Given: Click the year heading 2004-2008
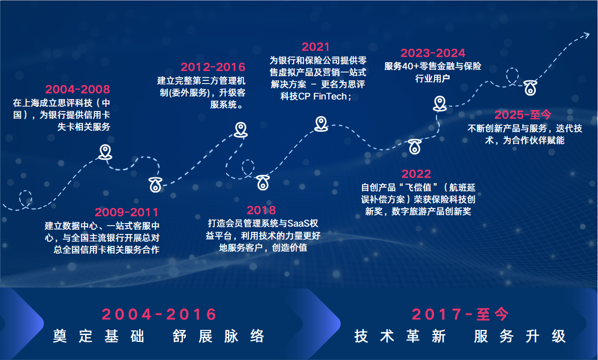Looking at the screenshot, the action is (77, 89).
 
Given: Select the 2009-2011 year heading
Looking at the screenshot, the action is (126, 212).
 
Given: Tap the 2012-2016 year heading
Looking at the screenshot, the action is (213, 67).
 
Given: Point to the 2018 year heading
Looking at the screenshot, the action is (261, 210).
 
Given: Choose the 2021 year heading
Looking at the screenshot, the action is (315, 47).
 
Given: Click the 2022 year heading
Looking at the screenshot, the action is (416, 174).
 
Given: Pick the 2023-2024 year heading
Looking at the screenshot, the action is (433, 53).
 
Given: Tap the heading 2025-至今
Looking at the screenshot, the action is (523, 115).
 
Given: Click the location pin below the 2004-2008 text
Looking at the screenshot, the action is (105, 152).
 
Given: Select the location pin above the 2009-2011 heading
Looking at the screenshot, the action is (156, 185).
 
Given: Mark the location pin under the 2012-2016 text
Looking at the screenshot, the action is (241, 130).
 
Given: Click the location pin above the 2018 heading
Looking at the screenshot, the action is (263, 182).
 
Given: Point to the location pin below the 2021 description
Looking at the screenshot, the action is (321, 124).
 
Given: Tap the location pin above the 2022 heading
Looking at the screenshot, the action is (415, 146).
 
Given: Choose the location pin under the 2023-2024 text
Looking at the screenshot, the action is (440, 104).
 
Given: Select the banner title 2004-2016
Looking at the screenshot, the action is (159, 315).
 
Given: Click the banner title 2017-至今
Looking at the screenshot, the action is (461, 315).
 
